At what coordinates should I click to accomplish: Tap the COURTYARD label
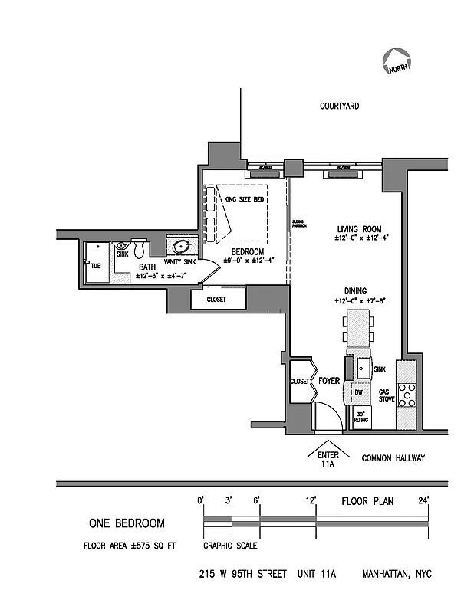click(x=340, y=107)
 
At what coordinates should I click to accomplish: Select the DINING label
click(x=354, y=291)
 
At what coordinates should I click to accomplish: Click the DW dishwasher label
click(x=357, y=392)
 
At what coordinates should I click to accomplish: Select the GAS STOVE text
click(x=386, y=396)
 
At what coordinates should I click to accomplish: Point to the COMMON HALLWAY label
click(x=393, y=458)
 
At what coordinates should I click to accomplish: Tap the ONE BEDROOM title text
click(x=127, y=524)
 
